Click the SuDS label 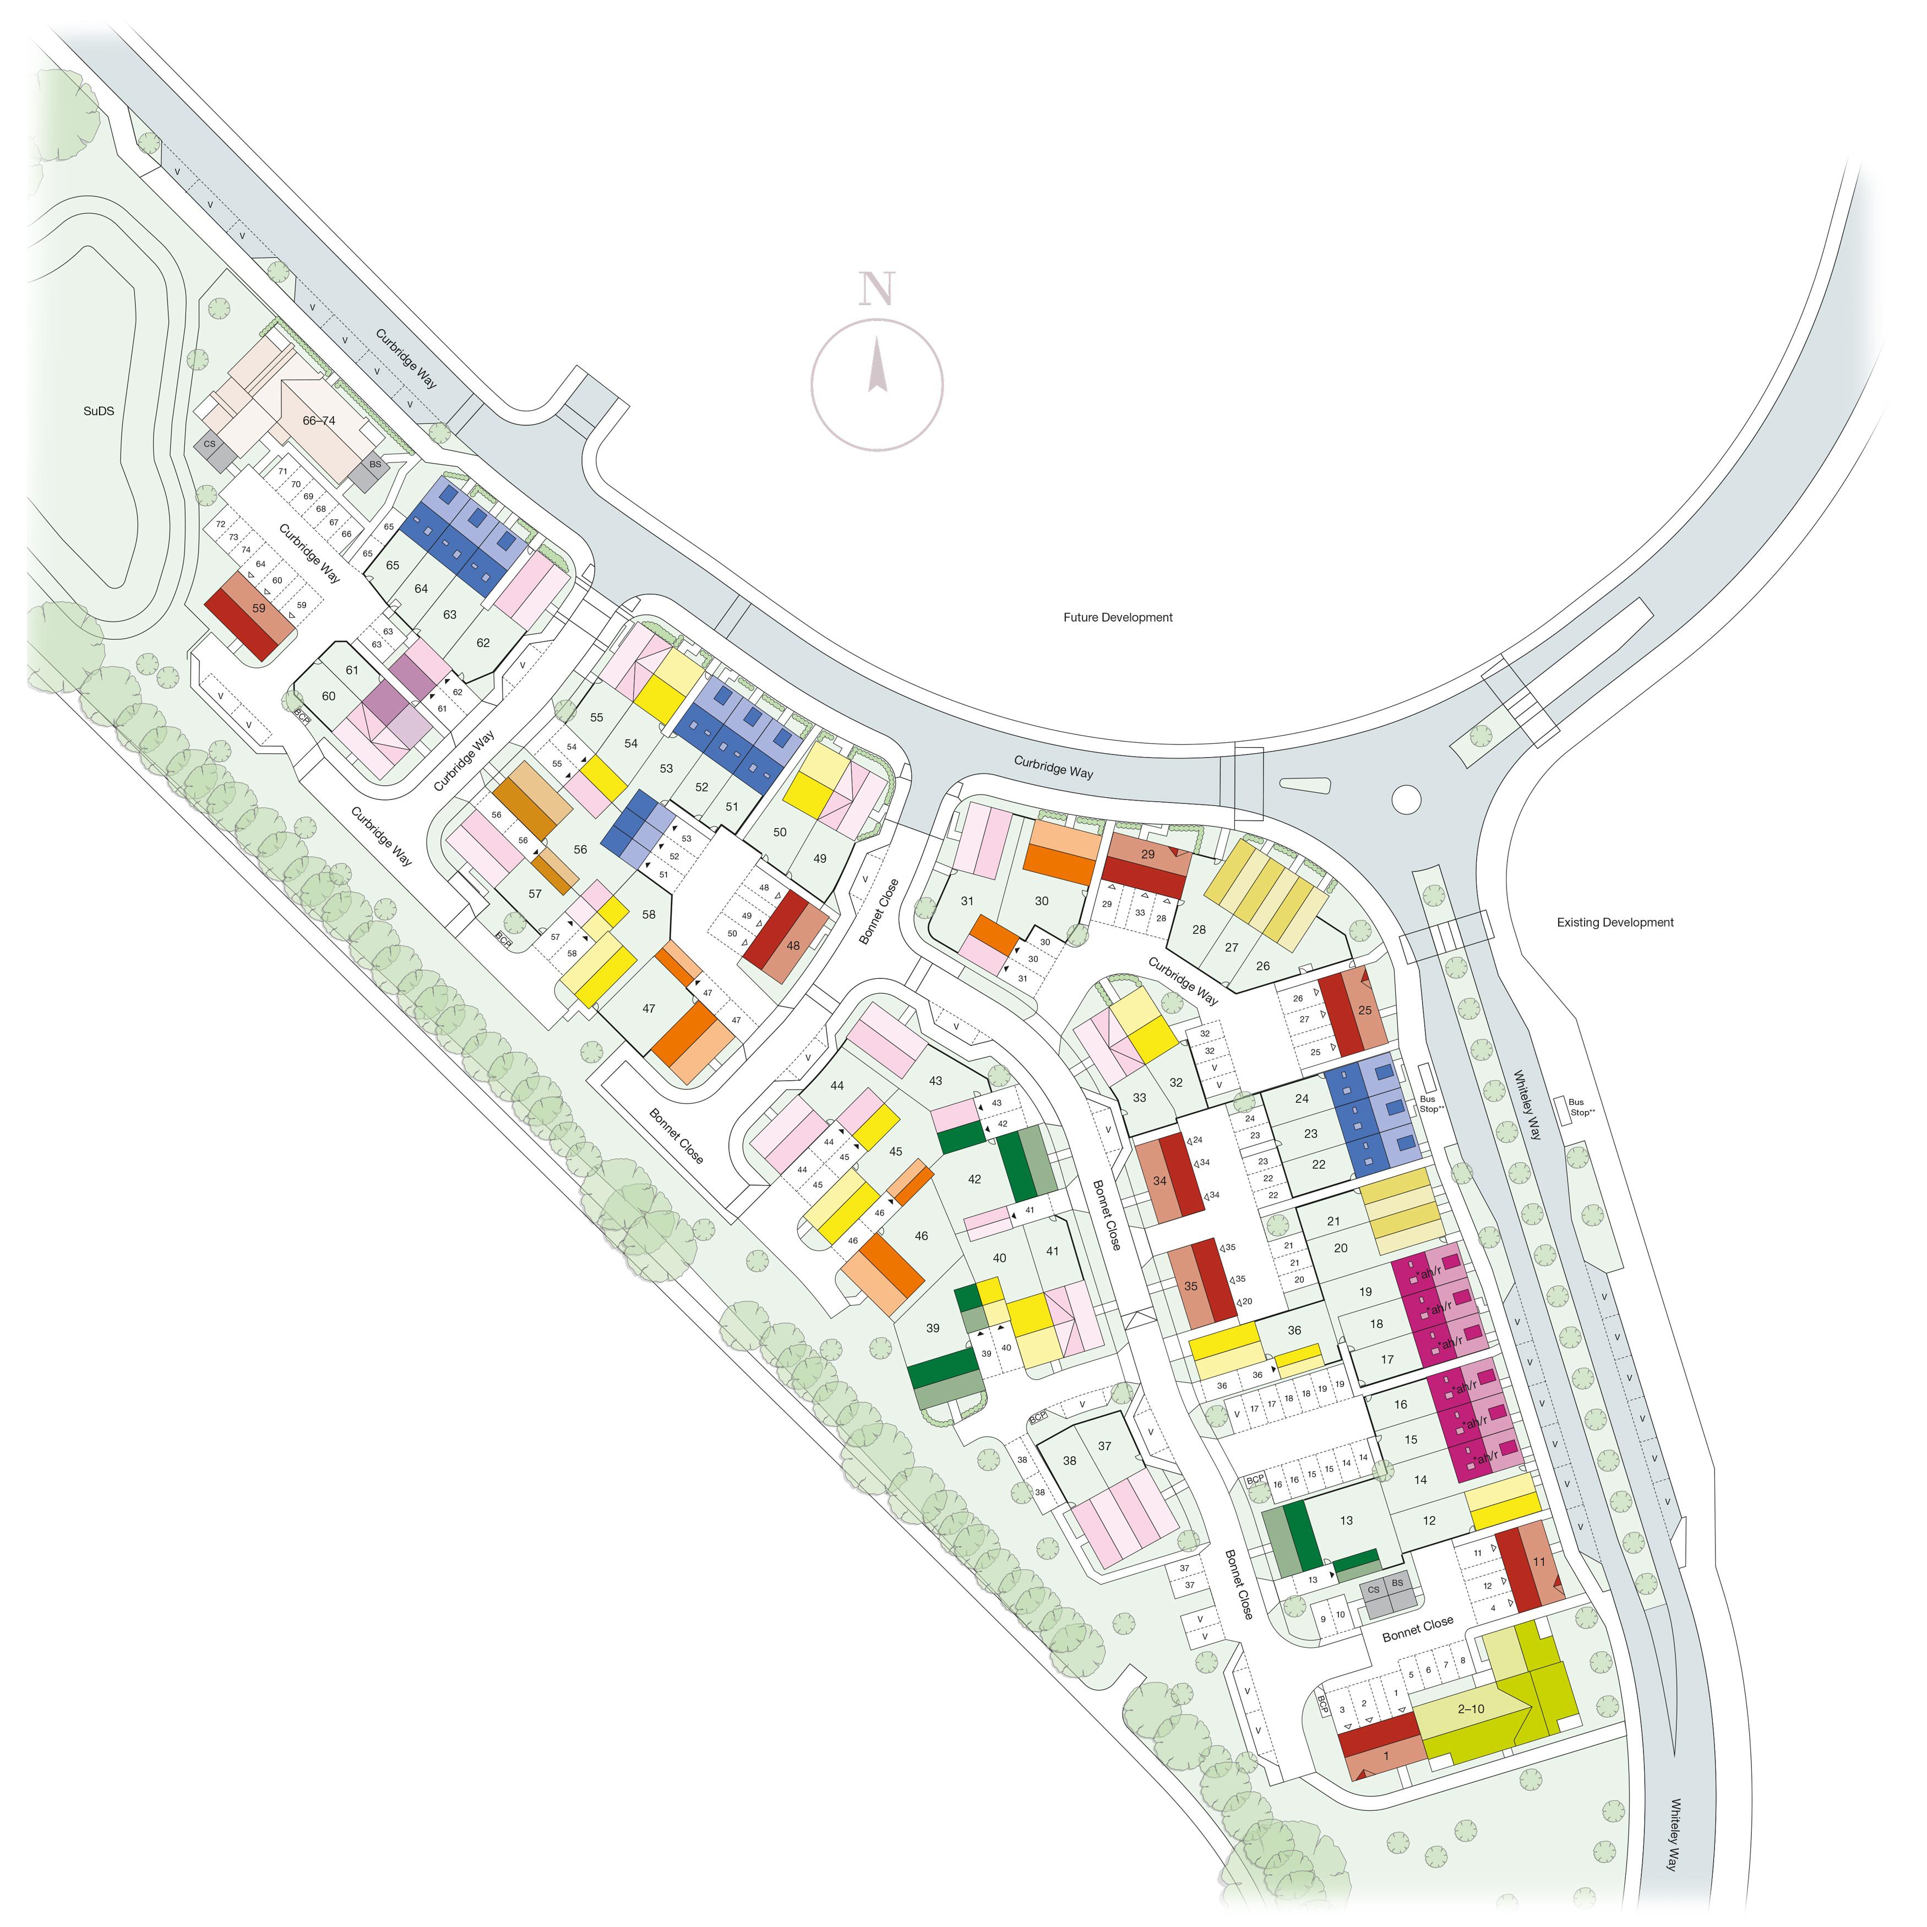click(99, 410)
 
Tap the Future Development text click(1117, 617)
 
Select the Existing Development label click(1615, 923)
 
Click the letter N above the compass click(877, 288)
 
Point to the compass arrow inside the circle click(877, 366)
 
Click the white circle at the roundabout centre click(1406, 798)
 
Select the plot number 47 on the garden click(649, 1009)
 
